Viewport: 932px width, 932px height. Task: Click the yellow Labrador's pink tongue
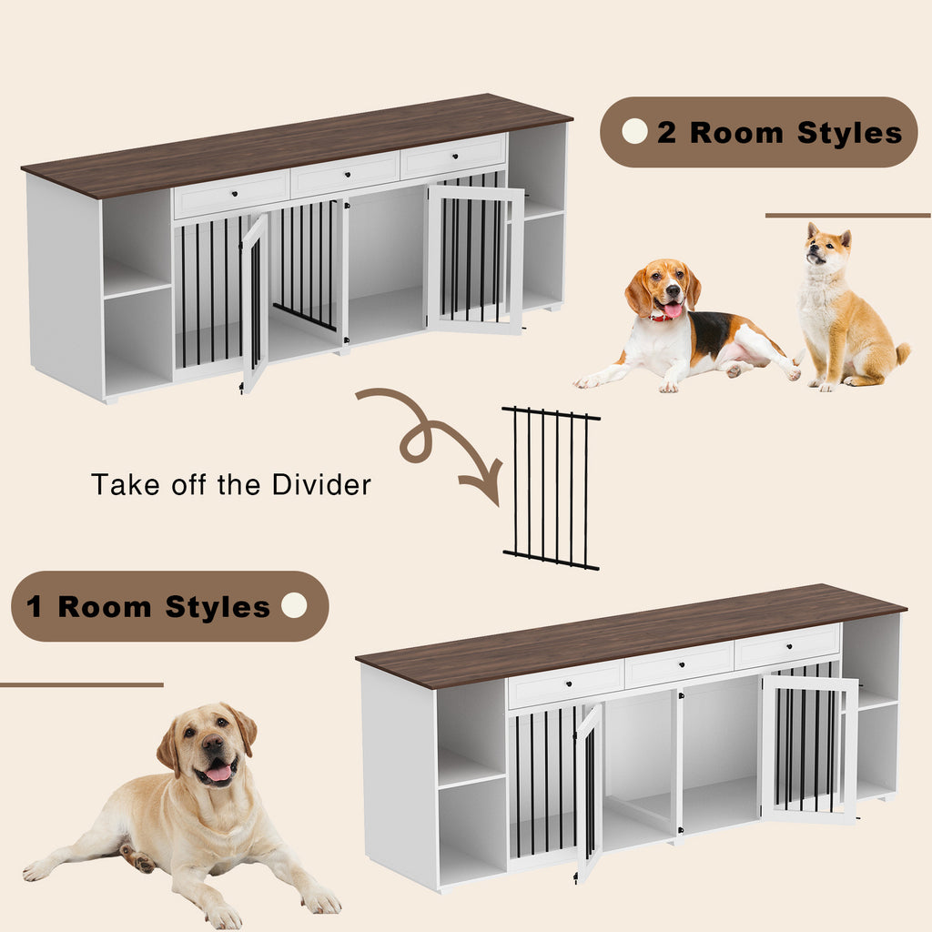coord(219,773)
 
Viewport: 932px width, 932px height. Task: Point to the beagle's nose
coord(672,292)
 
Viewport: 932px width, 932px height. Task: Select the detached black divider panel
coord(552,489)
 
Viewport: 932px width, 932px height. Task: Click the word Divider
coord(321,484)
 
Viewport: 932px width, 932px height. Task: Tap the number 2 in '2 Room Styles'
coord(667,133)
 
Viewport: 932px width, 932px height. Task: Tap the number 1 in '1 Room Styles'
coord(35,607)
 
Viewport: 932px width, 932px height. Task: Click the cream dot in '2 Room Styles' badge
coord(634,132)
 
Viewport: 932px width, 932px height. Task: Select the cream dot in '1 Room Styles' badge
coord(294,606)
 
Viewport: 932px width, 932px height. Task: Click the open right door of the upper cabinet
coord(475,259)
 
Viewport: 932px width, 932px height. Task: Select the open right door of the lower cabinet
coord(809,748)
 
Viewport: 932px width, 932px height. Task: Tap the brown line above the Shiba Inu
coord(847,216)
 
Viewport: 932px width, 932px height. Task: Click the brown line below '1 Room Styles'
coord(82,684)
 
